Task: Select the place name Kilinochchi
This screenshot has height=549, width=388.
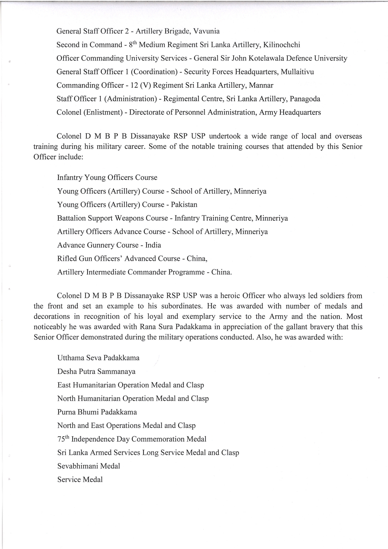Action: coord(282,45)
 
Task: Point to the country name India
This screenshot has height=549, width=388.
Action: coord(153,245)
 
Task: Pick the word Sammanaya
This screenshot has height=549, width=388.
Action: coord(116,372)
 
